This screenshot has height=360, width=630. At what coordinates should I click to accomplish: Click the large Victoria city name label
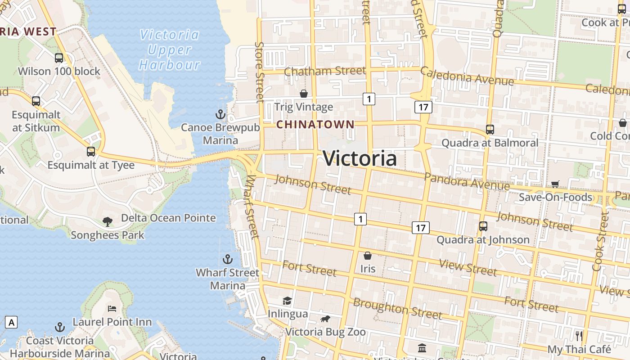pyautogui.click(x=360, y=158)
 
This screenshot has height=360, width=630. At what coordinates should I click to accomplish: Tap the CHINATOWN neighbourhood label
pyautogui.click(x=315, y=124)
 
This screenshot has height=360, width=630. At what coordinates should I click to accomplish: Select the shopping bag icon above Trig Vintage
pyautogui.click(x=304, y=94)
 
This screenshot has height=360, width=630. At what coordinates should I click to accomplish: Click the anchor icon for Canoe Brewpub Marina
pyautogui.click(x=220, y=114)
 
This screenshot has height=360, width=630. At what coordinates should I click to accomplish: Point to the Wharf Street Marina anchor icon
pyautogui.click(x=228, y=259)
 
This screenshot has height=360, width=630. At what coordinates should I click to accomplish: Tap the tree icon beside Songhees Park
pyautogui.click(x=107, y=221)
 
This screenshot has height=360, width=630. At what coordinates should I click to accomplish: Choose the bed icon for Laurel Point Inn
pyautogui.click(x=112, y=309)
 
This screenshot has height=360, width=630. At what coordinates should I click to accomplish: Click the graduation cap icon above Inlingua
pyautogui.click(x=287, y=301)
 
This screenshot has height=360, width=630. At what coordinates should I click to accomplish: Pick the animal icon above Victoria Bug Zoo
pyautogui.click(x=325, y=319)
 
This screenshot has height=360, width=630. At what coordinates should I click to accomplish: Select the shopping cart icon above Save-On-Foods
pyautogui.click(x=555, y=184)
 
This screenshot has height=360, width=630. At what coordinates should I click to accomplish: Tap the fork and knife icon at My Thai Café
pyautogui.click(x=579, y=336)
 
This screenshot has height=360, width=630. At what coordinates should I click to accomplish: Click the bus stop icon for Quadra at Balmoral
pyautogui.click(x=490, y=130)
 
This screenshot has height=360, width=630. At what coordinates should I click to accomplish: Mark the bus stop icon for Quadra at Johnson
pyautogui.click(x=483, y=226)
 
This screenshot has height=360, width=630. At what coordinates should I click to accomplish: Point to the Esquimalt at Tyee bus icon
pyautogui.click(x=91, y=152)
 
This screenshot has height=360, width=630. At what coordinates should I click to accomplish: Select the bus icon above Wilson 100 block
pyautogui.click(x=59, y=58)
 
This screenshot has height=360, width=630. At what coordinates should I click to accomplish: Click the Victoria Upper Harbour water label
pyautogui.click(x=169, y=49)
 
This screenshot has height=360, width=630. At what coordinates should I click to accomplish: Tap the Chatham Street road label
pyautogui.click(x=325, y=71)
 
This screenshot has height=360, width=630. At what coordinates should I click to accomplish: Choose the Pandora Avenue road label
pyautogui.click(x=467, y=181)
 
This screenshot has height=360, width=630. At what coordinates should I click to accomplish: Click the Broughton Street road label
pyautogui.click(x=397, y=308)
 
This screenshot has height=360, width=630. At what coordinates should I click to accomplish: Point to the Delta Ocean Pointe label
pyautogui.click(x=168, y=218)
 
